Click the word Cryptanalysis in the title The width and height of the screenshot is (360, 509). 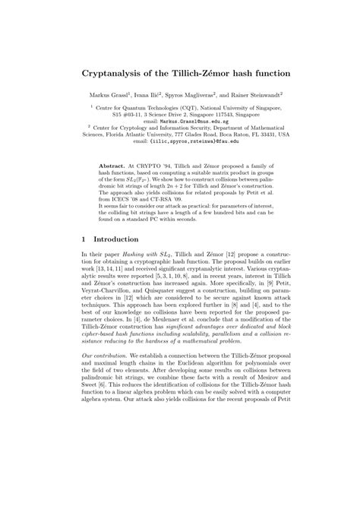pyautogui.click(x=115, y=77)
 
